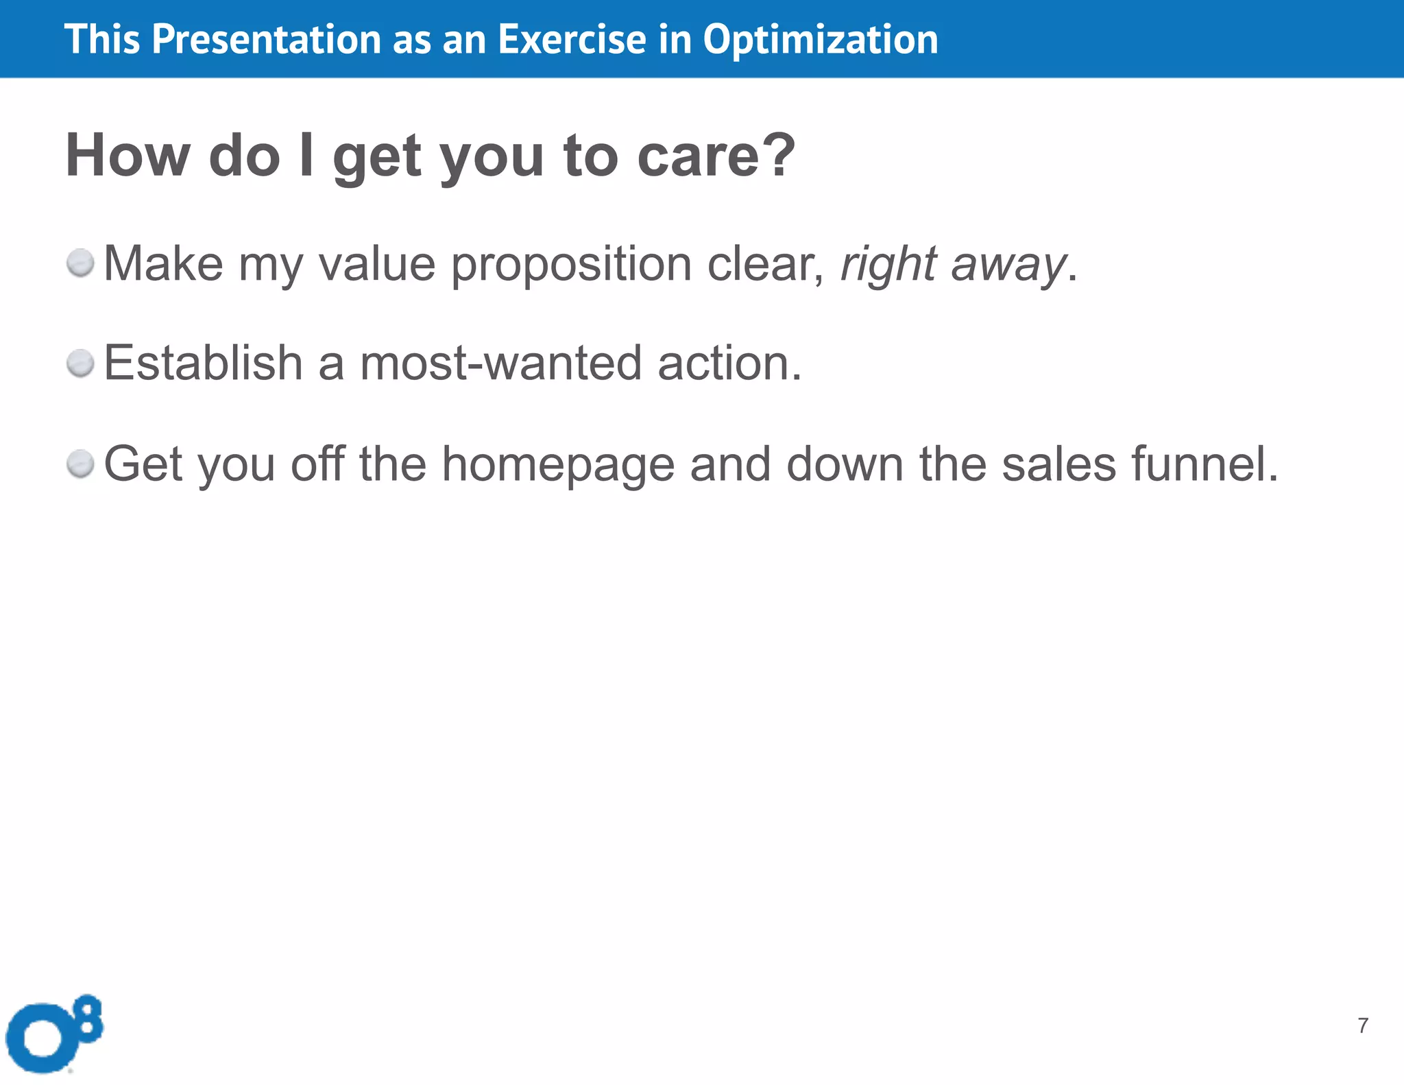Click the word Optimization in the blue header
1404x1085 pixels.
point(820,40)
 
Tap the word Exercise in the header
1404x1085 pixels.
point(572,39)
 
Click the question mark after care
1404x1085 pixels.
point(779,155)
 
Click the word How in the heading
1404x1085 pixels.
point(128,155)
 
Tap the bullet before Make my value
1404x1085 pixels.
point(81,263)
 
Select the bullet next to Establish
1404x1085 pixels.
point(81,363)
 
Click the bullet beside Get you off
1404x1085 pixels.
point(81,464)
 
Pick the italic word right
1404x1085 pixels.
point(888,265)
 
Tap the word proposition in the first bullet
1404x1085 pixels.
point(571,265)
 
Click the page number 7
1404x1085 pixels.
point(1363,1025)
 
